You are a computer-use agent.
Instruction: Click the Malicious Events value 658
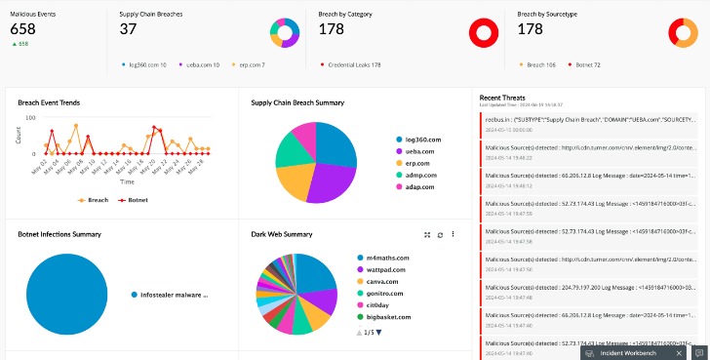(22, 29)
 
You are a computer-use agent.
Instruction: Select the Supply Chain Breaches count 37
(128, 29)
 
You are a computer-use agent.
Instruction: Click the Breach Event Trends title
(49, 102)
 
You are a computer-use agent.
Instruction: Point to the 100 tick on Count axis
(29, 118)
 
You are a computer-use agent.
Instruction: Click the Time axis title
(127, 181)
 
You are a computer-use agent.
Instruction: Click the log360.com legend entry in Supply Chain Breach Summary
(420, 140)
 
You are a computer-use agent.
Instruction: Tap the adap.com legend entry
(418, 186)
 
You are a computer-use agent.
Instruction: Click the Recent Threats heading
(503, 98)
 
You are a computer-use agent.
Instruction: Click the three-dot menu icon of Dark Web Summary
(454, 235)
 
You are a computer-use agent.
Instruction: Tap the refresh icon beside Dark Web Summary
(440, 235)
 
